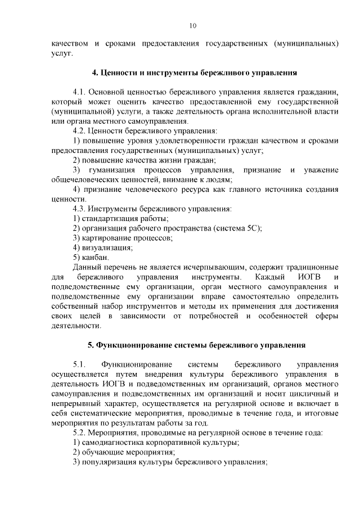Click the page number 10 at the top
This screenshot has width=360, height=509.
192,25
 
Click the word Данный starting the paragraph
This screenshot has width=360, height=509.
88,267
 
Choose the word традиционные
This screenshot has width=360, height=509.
310,267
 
